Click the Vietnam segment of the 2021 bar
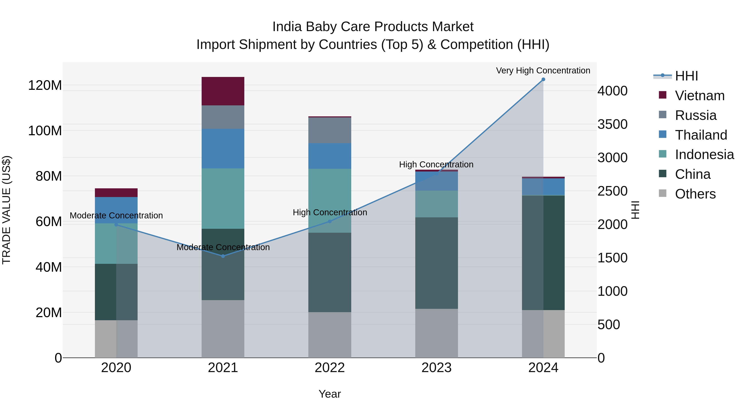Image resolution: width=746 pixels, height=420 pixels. point(223,91)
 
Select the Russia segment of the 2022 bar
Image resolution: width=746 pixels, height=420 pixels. point(329,130)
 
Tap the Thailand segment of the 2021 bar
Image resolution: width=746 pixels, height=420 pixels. point(223,149)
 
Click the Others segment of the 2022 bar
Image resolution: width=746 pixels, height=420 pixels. point(329,335)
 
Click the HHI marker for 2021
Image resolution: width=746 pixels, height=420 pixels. point(223,256)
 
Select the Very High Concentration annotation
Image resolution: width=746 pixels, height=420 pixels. point(543,71)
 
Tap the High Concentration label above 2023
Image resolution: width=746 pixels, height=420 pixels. point(436,164)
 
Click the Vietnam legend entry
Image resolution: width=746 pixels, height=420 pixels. point(700,96)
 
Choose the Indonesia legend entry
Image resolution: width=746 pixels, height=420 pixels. point(704,155)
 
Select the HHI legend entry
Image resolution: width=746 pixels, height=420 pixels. point(686,76)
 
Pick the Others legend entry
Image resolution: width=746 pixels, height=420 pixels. point(695,194)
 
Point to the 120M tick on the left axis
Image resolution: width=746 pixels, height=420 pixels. point(45,85)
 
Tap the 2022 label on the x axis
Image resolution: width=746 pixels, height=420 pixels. point(329,368)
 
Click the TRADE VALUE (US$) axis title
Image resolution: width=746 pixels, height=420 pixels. point(6,210)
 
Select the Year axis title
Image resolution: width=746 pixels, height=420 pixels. point(329,394)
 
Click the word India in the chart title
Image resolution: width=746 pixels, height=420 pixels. point(287,27)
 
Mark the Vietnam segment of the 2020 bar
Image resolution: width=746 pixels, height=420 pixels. point(116,193)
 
